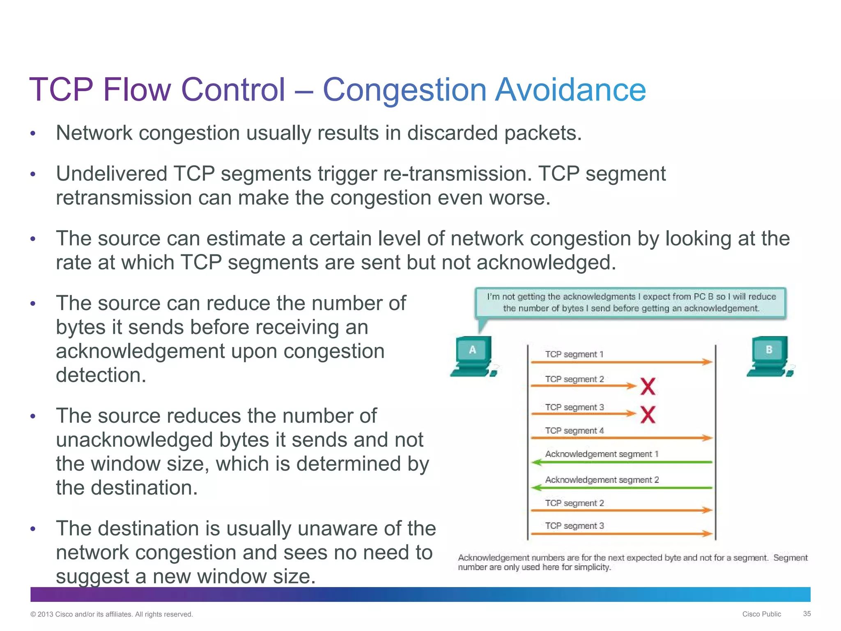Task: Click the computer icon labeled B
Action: [x=770, y=356]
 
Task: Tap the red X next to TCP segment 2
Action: [x=648, y=386]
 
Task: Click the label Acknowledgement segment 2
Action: [x=602, y=479]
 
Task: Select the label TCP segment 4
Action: [x=574, y=431]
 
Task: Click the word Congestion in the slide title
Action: [x=404, y=90]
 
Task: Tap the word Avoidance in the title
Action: [x=570, y=90]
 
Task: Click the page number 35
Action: [x=807, y=613]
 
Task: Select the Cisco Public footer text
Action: [x=761, y=614]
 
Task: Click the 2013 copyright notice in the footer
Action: [x=111, y=614]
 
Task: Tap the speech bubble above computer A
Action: [x=631, y=303]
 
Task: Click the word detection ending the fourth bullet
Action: [x=101, y=375]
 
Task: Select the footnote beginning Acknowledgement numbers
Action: [x=632, y=562]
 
